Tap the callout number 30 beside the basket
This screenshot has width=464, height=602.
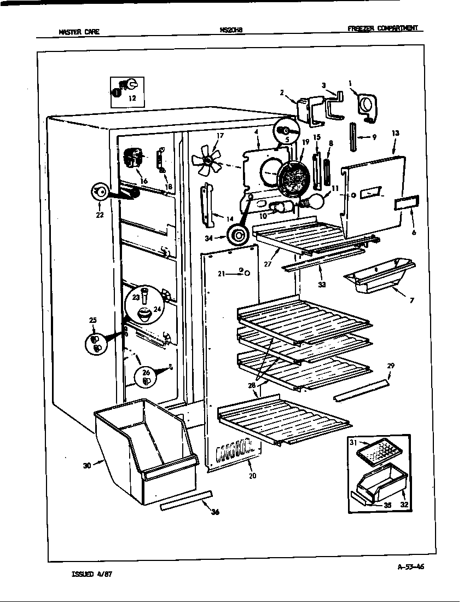86,465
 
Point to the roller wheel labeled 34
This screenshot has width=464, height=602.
239,236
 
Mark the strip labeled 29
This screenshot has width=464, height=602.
362,389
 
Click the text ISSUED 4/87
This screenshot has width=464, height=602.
93,575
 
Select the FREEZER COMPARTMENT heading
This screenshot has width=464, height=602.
385,28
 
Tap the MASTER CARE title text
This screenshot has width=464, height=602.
79,32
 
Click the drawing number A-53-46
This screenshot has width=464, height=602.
410,567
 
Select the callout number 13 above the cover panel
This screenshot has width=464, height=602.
396,133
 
